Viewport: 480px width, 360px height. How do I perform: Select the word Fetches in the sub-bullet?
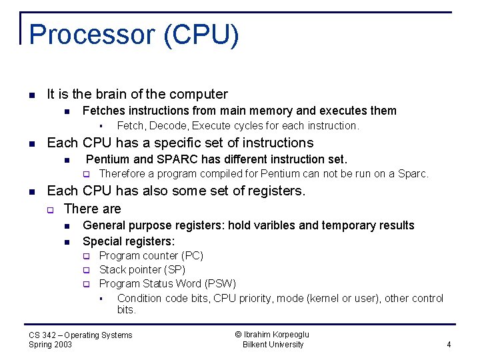point(103,111)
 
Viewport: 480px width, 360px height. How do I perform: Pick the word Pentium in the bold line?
point(109,159)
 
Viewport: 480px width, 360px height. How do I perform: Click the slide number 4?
point(449,345)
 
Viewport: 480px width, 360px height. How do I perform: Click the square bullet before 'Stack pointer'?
point(86,270)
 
